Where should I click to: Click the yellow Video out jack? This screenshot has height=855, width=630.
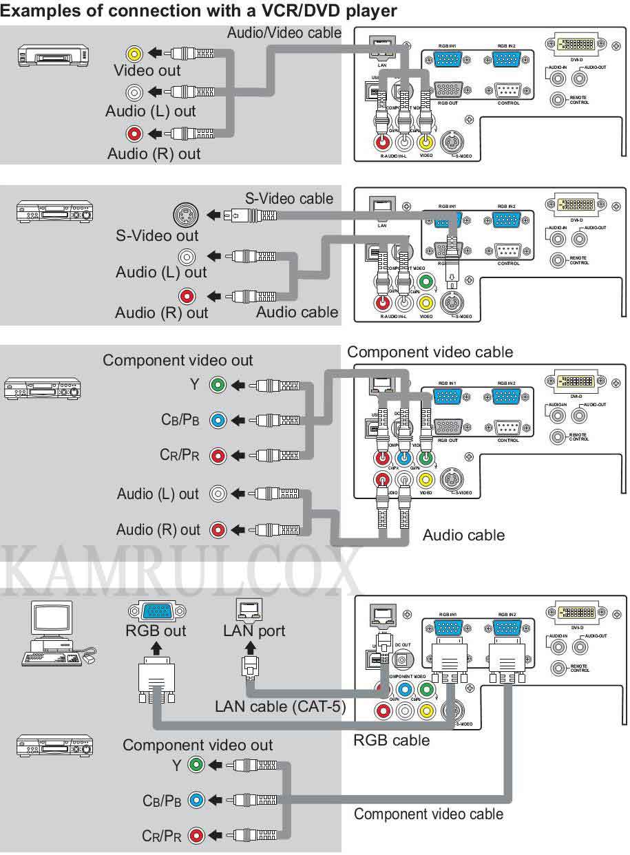[x=134, y=52]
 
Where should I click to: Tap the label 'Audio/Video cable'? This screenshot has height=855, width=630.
[x=284, y=33]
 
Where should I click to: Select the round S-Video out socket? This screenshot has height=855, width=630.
[x=186, y=214]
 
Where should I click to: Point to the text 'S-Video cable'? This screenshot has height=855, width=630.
[x=289, y=199]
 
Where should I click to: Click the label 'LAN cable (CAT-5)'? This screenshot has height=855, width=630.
[x=280, y=706]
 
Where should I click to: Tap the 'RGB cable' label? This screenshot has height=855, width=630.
[x=391, y=741]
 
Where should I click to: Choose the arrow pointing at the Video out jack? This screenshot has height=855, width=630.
[x=157, y=52]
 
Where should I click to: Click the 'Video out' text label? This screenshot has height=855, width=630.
[x=147, y=70]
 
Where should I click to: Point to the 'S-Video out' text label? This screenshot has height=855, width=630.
[x=157, y=236]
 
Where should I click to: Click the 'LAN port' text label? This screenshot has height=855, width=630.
[x=253, y=631]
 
